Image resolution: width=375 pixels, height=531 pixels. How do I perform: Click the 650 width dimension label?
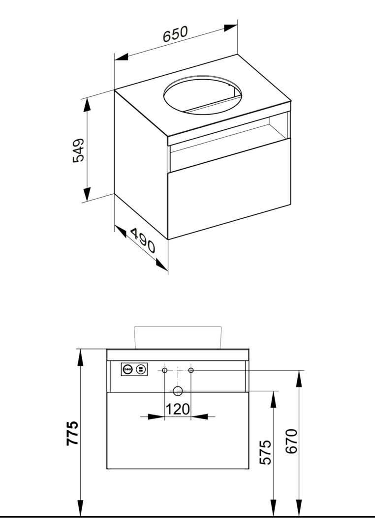[175, 34]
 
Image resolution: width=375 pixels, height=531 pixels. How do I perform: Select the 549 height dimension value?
[79, 150]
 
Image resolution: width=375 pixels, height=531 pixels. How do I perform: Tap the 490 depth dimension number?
[143, 241]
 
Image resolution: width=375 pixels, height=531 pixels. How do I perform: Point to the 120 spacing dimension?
[178, 409]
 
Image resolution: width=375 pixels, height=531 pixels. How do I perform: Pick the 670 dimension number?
[291, 441]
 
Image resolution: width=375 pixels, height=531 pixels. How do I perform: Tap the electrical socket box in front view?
[134, 369]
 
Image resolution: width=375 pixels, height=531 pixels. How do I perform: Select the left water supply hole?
[164, 371]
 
